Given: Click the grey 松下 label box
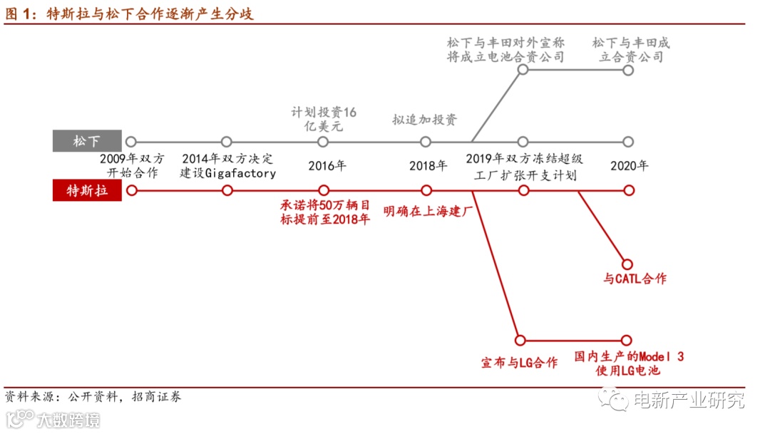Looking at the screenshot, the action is pos(88,141).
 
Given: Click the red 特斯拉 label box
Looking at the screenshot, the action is pos(88,190).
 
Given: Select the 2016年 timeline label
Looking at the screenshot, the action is pos(327,166).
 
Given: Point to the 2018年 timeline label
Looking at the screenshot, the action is pos(428,166).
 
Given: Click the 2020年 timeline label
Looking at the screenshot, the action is pos(630,166).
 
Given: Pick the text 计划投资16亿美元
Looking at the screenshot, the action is pos(324,120).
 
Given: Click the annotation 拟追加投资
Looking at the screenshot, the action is pos(425,120).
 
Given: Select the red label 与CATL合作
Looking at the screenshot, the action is pos(635,279).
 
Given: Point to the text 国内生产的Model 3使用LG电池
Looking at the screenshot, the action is pos(628,363).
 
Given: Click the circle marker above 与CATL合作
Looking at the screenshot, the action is pos(627,264).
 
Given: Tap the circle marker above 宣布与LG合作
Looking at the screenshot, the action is pos(520,340).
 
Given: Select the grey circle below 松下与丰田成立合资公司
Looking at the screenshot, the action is pos(628,71).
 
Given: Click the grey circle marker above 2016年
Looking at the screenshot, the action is pos(323,142).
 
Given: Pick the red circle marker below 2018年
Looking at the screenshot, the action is pos(426,190).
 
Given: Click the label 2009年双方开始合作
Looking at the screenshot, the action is pos(132,166).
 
